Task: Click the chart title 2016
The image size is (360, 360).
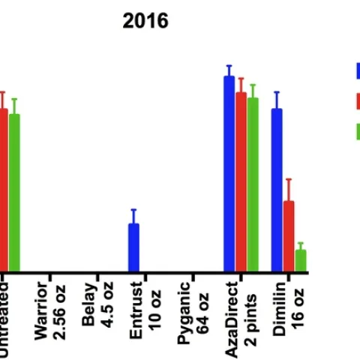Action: click(x=145, y=21)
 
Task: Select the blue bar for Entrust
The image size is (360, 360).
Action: click(x=133, y=247)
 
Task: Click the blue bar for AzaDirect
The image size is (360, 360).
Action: click(x=229, y=174)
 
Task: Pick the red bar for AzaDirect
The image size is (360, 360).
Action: click(x=241, y=181)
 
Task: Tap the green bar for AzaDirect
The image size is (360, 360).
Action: click(x=253, y=184)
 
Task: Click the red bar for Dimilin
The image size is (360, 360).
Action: click(x=289, y=236)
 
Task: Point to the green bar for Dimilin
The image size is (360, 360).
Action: click(x=301, y=261)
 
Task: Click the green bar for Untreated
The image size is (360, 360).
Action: click(x=14, y=193)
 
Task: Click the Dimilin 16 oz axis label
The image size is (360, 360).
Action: click(x=290, y=308)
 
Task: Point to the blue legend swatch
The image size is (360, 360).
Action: click(x=358, y=70)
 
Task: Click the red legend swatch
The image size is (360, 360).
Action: click(x=358, y=100)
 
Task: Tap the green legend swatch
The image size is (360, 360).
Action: click(x=358, y=131)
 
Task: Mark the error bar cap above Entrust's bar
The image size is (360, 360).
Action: click(x=133, y=210)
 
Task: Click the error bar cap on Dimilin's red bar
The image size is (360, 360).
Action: click(x=289, y=179)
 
